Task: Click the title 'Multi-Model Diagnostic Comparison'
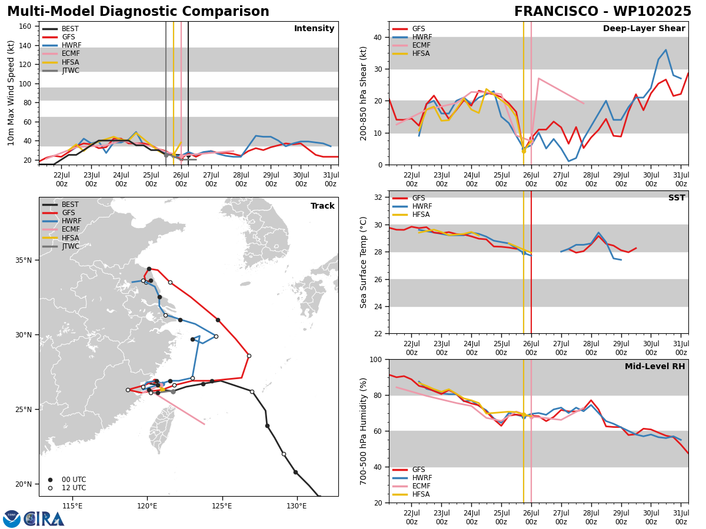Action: click(x=138, y=11)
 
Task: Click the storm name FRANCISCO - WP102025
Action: click(x=602, y=11)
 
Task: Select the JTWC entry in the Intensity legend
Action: click(x=61, y=71)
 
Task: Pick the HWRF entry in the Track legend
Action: click(x=62, y=221)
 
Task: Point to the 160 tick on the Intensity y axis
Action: click(x=25, y=26)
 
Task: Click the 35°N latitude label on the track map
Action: click(x=24, y=260)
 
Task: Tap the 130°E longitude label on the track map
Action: click(x=297, y=506)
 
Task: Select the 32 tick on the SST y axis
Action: click(x=378, y=197)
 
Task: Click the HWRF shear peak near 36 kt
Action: click(x=665, y=50)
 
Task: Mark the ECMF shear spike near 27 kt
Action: click(x=538, y=78)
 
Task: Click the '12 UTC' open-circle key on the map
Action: click(x=68, y=488)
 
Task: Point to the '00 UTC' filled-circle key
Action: click(x=68, y=480)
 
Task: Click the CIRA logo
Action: click(x=34, y=518)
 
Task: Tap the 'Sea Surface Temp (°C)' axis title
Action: click(x=363, y=262)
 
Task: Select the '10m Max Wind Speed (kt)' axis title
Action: click(x=11, y=93)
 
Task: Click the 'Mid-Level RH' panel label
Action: click(x=655, y=366)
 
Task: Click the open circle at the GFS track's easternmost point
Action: click(x=249, y=356)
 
